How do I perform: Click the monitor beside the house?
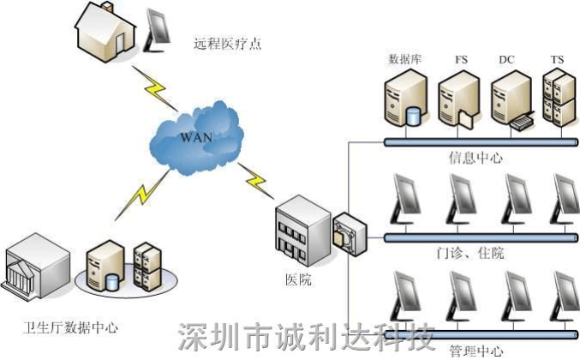click(x=160, y=29)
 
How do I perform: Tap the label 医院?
click(x=298, y=280)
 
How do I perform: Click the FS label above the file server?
click(x=460, y=59)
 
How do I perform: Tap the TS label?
click(x=557, y=59)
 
